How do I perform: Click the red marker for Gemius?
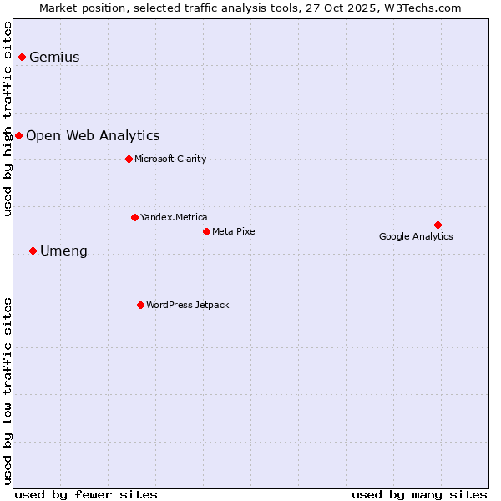pos(23,57)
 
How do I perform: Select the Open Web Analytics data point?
pos(18,135)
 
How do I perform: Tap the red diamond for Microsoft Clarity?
pos(129,159)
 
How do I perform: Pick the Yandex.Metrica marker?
pos(134,217)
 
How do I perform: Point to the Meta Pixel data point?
pos(206,231)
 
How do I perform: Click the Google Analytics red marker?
pos(438,225)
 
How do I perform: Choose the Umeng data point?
pos(33,250)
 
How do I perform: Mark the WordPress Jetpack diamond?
pos(140,305)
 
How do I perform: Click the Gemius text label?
pos(54,58)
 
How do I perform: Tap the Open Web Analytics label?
pos(93,136)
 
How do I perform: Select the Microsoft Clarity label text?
pos(170,159)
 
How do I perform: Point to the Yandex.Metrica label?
pos(174,218)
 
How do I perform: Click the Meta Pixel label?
pos(235,231)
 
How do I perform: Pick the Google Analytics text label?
pos(416,236)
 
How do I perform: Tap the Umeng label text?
pos(63,251)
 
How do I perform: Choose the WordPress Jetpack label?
pos(187,305)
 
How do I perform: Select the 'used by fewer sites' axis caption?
pos(86,494)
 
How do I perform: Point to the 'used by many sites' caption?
pos(419,494)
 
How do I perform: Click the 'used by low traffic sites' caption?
pos(8,390)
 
